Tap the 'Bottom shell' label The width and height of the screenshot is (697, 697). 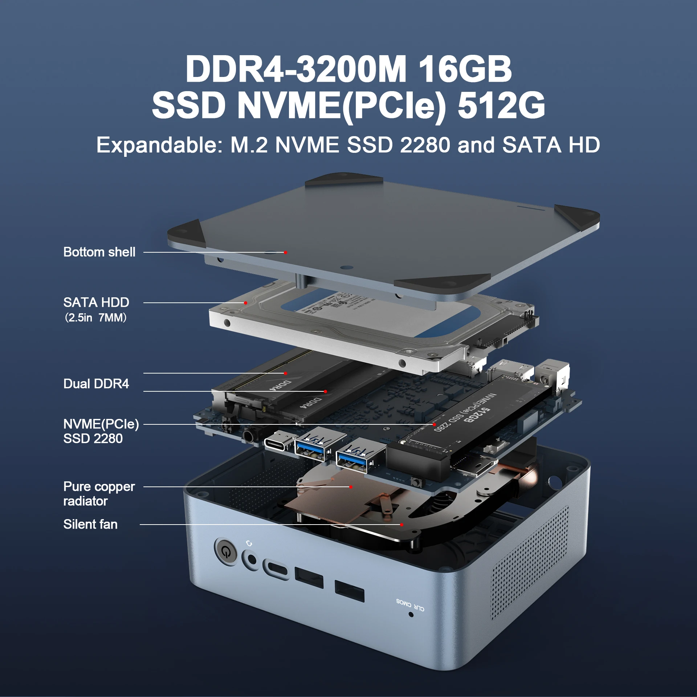point(99,252)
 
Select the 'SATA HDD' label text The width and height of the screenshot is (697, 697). point(96,302)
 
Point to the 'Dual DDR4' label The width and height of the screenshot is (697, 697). point(96,384)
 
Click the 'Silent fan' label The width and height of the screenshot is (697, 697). point(90,524)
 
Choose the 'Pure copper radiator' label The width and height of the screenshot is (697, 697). point(99,494)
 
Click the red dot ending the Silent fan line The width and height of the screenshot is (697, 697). point(402,525)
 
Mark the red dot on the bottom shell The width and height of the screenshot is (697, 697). point(286,252)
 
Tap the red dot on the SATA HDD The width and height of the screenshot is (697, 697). point(246,303)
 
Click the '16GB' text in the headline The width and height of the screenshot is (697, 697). point(465,69)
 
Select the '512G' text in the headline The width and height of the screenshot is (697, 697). point(501,105)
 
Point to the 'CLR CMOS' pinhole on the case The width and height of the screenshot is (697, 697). point(411,614)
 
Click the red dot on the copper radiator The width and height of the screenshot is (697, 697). point(351,487)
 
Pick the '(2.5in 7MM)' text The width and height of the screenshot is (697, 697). point(96,318)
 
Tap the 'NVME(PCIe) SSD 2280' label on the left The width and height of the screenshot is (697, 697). point(101,431)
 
